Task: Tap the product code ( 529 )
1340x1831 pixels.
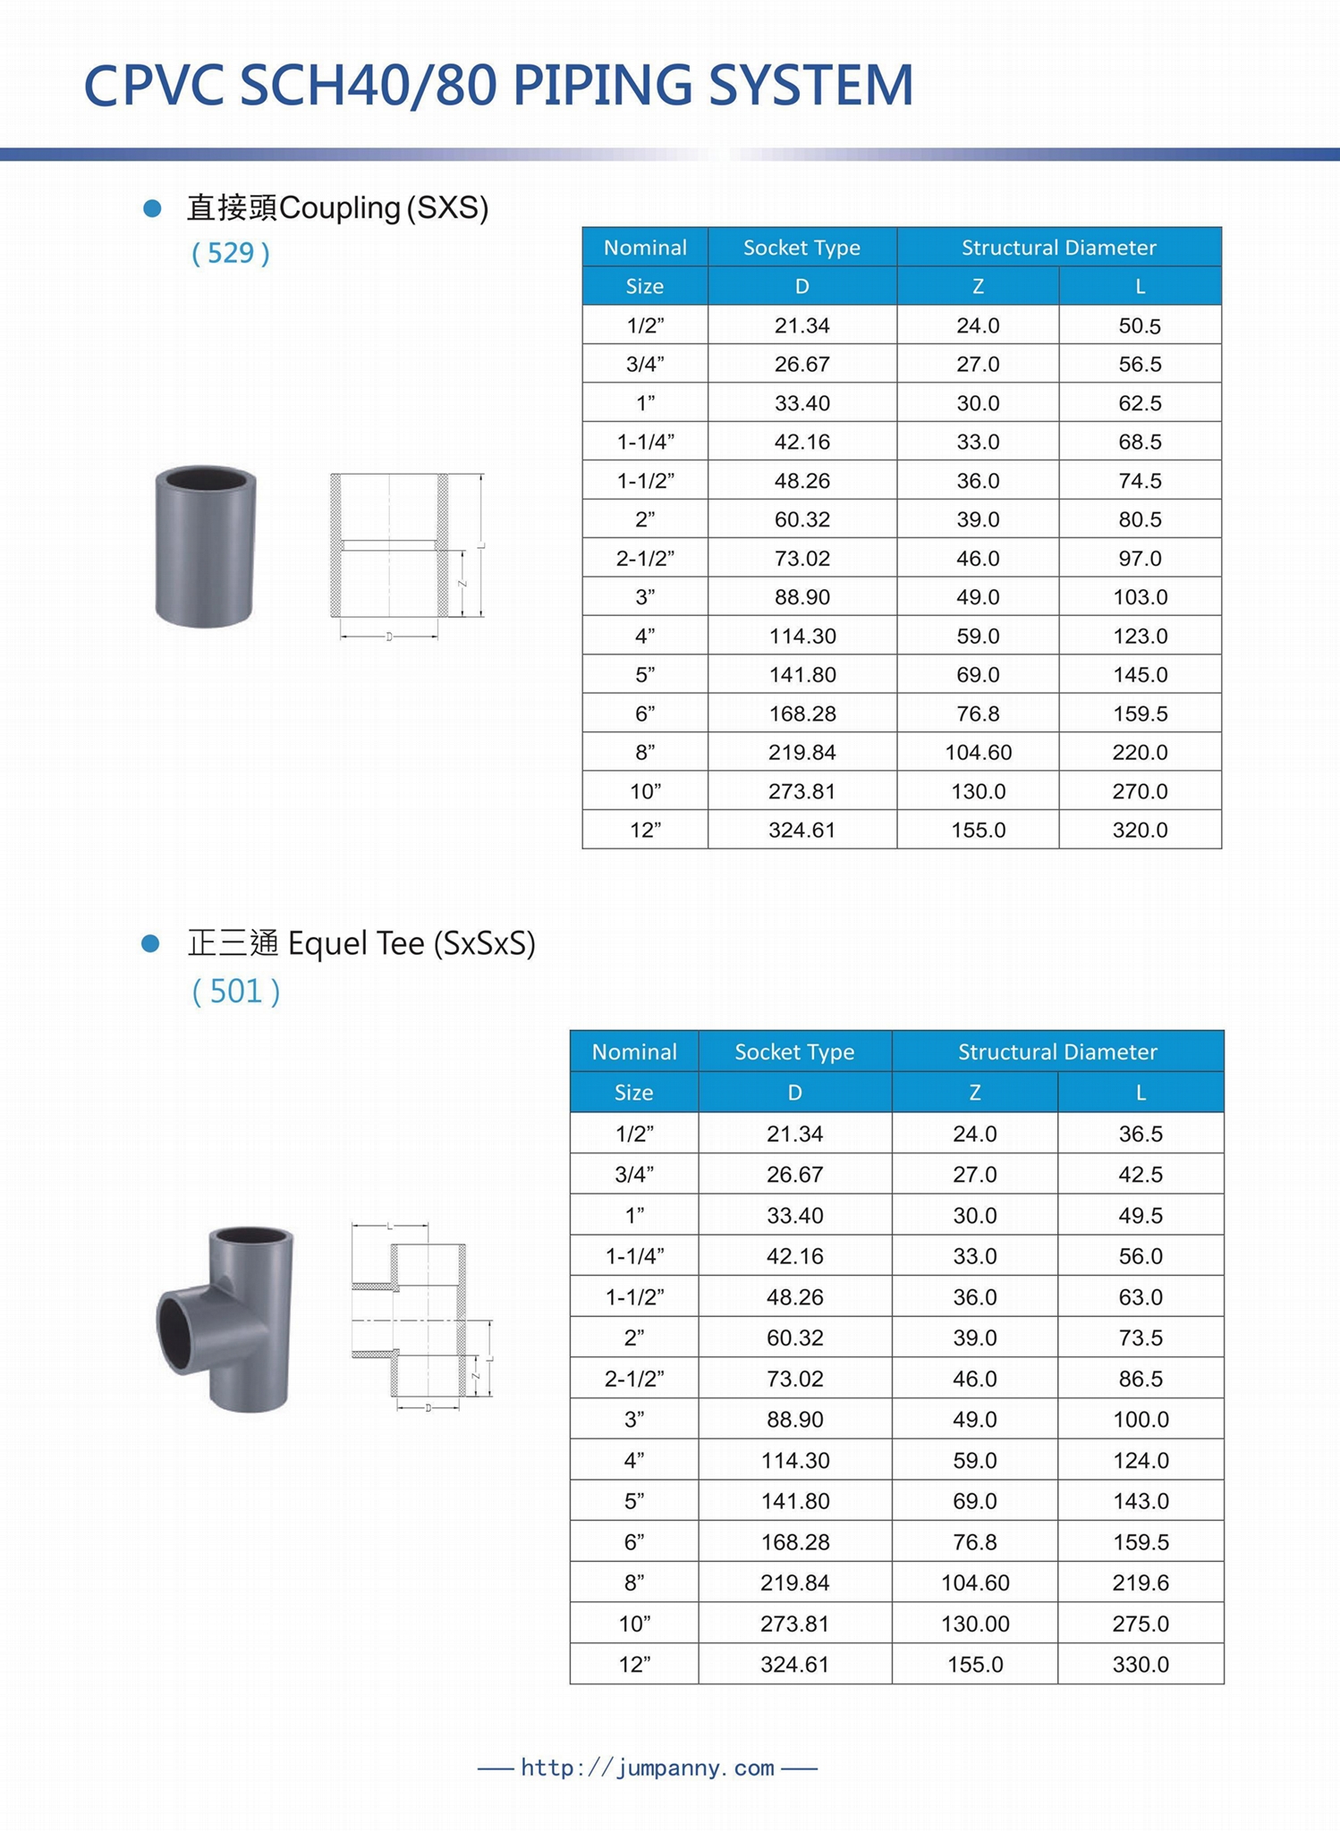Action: click(230, 254)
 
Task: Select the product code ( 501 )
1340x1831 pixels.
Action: click(236, 991)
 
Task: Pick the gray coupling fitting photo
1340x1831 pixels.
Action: click(206, 546)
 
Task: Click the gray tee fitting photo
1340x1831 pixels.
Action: click(226, 1319)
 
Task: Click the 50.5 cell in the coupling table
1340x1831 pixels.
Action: click(1139, 325)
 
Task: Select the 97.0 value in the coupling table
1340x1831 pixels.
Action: click(1139, 559)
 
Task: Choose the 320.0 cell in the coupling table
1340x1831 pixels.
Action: click(1139, 831)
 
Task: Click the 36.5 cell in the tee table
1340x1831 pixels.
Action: click(1140, 1134)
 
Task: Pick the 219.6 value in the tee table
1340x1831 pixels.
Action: click(1140, 1582)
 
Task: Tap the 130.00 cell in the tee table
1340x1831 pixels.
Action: click(974, 1624)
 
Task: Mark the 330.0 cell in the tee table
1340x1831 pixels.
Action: click(1140, 1665)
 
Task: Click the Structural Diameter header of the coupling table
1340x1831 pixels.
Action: click(1058, 248)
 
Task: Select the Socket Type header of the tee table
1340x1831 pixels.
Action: click(793, 1051)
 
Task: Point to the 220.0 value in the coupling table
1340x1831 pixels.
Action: click(1139, 753)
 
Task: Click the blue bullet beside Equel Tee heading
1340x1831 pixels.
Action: click(151, 943)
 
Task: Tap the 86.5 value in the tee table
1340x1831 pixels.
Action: click(1140, 1379)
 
